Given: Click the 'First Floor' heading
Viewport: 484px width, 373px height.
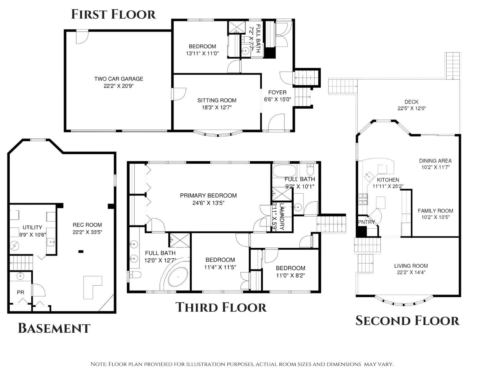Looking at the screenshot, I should (x=113, y=14).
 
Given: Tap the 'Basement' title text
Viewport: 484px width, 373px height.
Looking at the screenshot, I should (x=54, y=328).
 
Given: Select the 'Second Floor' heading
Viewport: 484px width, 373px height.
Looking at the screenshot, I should (x=407, y=321).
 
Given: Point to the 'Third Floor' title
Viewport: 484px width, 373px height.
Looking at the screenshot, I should (x=221, y=307).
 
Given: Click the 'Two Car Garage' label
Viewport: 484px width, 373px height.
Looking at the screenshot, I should (x=119, y=79).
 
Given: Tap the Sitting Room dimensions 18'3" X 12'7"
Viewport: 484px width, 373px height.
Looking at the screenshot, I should (x=217, y=108).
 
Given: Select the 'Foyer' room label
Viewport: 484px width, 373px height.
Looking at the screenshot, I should (x=277, y=92).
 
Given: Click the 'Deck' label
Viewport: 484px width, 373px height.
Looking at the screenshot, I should (x=411, y=102).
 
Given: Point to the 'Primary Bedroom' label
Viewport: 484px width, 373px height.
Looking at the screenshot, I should (x=208, y=196).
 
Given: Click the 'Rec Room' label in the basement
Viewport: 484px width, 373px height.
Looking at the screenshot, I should (x=87, y=225).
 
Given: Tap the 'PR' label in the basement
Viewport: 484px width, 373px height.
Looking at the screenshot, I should (x=20, y=292).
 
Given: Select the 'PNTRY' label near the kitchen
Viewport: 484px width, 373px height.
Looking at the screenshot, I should (x=367, y=222).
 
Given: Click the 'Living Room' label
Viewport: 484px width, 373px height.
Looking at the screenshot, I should (x=411, y=266).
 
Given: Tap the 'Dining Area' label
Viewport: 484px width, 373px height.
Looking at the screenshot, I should (x=435, y=161).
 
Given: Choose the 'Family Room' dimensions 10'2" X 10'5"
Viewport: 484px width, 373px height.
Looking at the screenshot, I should (x=435, y=217).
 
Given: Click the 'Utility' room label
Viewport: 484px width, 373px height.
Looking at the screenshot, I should (x=32, y=227).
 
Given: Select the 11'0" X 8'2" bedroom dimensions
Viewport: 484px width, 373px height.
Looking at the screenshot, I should (x=290, y=275).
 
